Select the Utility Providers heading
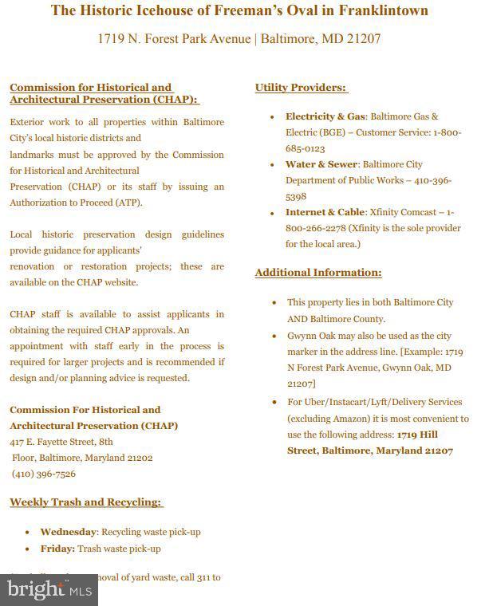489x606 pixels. (x=301, y=88)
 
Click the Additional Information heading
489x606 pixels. (x=318, y=273)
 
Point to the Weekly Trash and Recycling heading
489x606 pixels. (x=86, y=502)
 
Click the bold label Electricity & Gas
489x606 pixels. (x=325, y=116)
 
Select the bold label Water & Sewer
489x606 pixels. (x=321, y=164)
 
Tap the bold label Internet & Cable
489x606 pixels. (x=325, y=212)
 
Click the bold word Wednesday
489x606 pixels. (x=69, y=532)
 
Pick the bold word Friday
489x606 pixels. (x=57, y=549)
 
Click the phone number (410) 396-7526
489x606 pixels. (x=44, y=474)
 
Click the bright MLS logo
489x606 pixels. (x=48, y=590)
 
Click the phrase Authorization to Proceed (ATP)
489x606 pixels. (x=77, y=203)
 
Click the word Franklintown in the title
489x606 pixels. (x=379, y=10)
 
